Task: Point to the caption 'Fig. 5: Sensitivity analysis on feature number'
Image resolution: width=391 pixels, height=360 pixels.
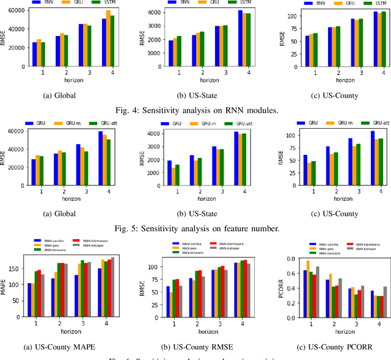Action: pos(195,229)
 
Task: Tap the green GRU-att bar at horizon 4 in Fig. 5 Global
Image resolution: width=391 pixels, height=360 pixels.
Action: pos(109,162)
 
